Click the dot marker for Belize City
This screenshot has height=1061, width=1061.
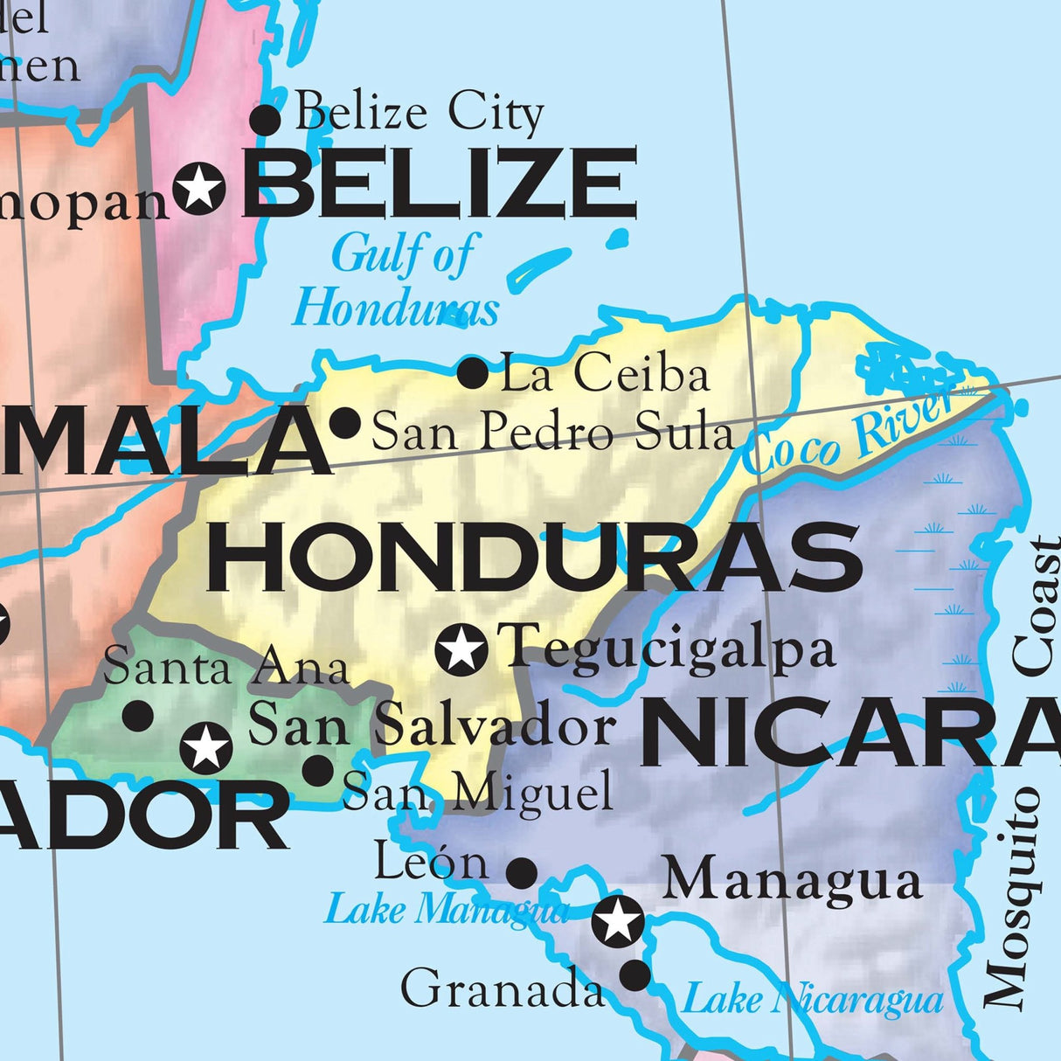(266, 119)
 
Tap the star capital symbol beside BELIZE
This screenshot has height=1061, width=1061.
(199, 187)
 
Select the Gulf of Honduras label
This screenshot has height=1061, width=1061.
(398, 281)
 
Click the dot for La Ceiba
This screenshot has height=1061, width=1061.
(473, 373)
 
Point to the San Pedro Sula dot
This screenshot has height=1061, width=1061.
(345, 423)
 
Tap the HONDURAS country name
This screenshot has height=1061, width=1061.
(534, 558)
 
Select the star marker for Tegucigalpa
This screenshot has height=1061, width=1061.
(461, 649)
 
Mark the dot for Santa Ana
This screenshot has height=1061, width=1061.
(137, 716)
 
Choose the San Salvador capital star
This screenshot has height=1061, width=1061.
(206, 748)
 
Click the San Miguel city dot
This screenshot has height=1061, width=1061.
(318, 770)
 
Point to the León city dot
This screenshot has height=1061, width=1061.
(522, 871)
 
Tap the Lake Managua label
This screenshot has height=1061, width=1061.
(446, 910)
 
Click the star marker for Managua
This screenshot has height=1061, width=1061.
(618, 920)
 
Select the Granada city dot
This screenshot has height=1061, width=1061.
(635, 975)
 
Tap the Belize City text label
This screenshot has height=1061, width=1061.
(419, 114)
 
